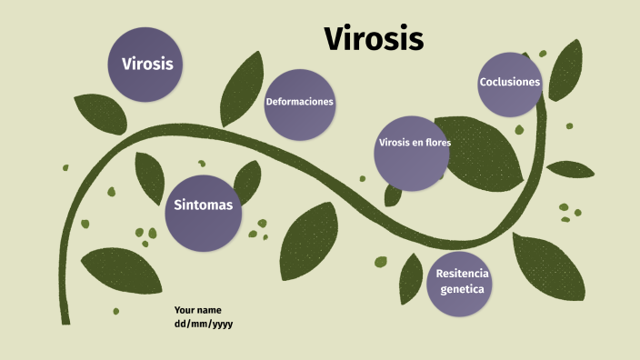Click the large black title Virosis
click(x=374, y=39)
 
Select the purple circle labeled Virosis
click(x=146, y=64)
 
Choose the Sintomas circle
click(x=204, y=213)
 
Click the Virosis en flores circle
click(x=414, y=153)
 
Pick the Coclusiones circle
click(x=510, y=83)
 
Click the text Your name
click(x=197, y=310)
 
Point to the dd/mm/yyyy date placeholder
click(x=204, y=324)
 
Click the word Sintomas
click(x=204, y=205)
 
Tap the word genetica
click(x=462, y=290)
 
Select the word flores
click(x=435, y=143)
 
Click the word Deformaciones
click(x=299, y=102)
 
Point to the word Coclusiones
click(x=510, y=83)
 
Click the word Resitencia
click(x=462, y=274)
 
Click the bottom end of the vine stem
click(x=65, y=320)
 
